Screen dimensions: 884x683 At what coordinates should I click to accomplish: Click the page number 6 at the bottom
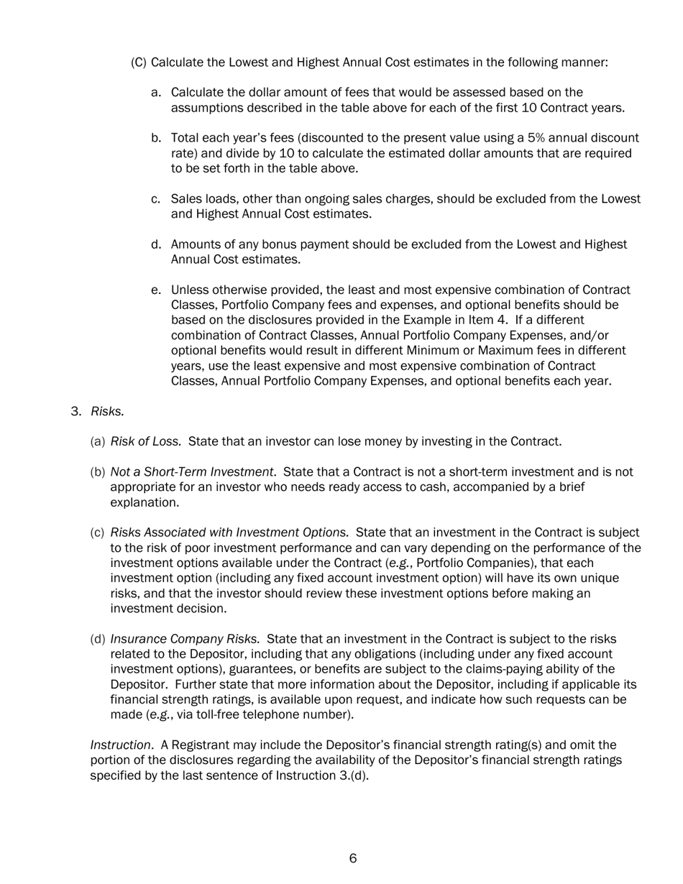pos(353,858)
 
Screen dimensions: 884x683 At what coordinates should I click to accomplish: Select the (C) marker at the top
pos(138,63)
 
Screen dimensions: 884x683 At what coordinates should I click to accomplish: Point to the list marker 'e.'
pos(156,290)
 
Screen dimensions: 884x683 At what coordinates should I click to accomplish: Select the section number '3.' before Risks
pos(76,411)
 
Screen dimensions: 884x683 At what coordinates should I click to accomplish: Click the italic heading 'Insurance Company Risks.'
pos(185,639)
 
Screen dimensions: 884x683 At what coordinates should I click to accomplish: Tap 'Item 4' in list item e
pos(487,320)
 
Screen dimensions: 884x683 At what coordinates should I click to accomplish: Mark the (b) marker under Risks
pos(98,472)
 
